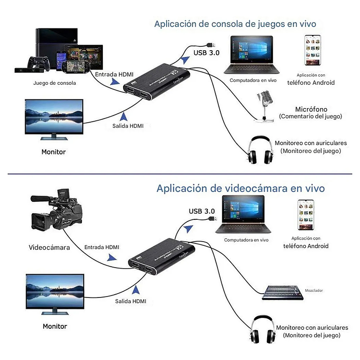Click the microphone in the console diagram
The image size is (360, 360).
pos(263,105)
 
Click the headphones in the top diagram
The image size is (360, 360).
pos(260,150)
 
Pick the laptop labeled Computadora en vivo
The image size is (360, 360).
pos(251,55)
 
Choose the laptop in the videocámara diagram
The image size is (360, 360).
pos(243,216)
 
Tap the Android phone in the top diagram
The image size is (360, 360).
pos(311,50)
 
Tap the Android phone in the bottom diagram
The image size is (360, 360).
pos(306,215)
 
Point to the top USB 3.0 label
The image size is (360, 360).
pos(207,53)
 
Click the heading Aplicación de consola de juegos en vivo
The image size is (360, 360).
pos(235,24)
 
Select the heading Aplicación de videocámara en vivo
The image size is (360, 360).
pos(241,189)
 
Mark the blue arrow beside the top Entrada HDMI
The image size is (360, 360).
pos(114,81)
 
